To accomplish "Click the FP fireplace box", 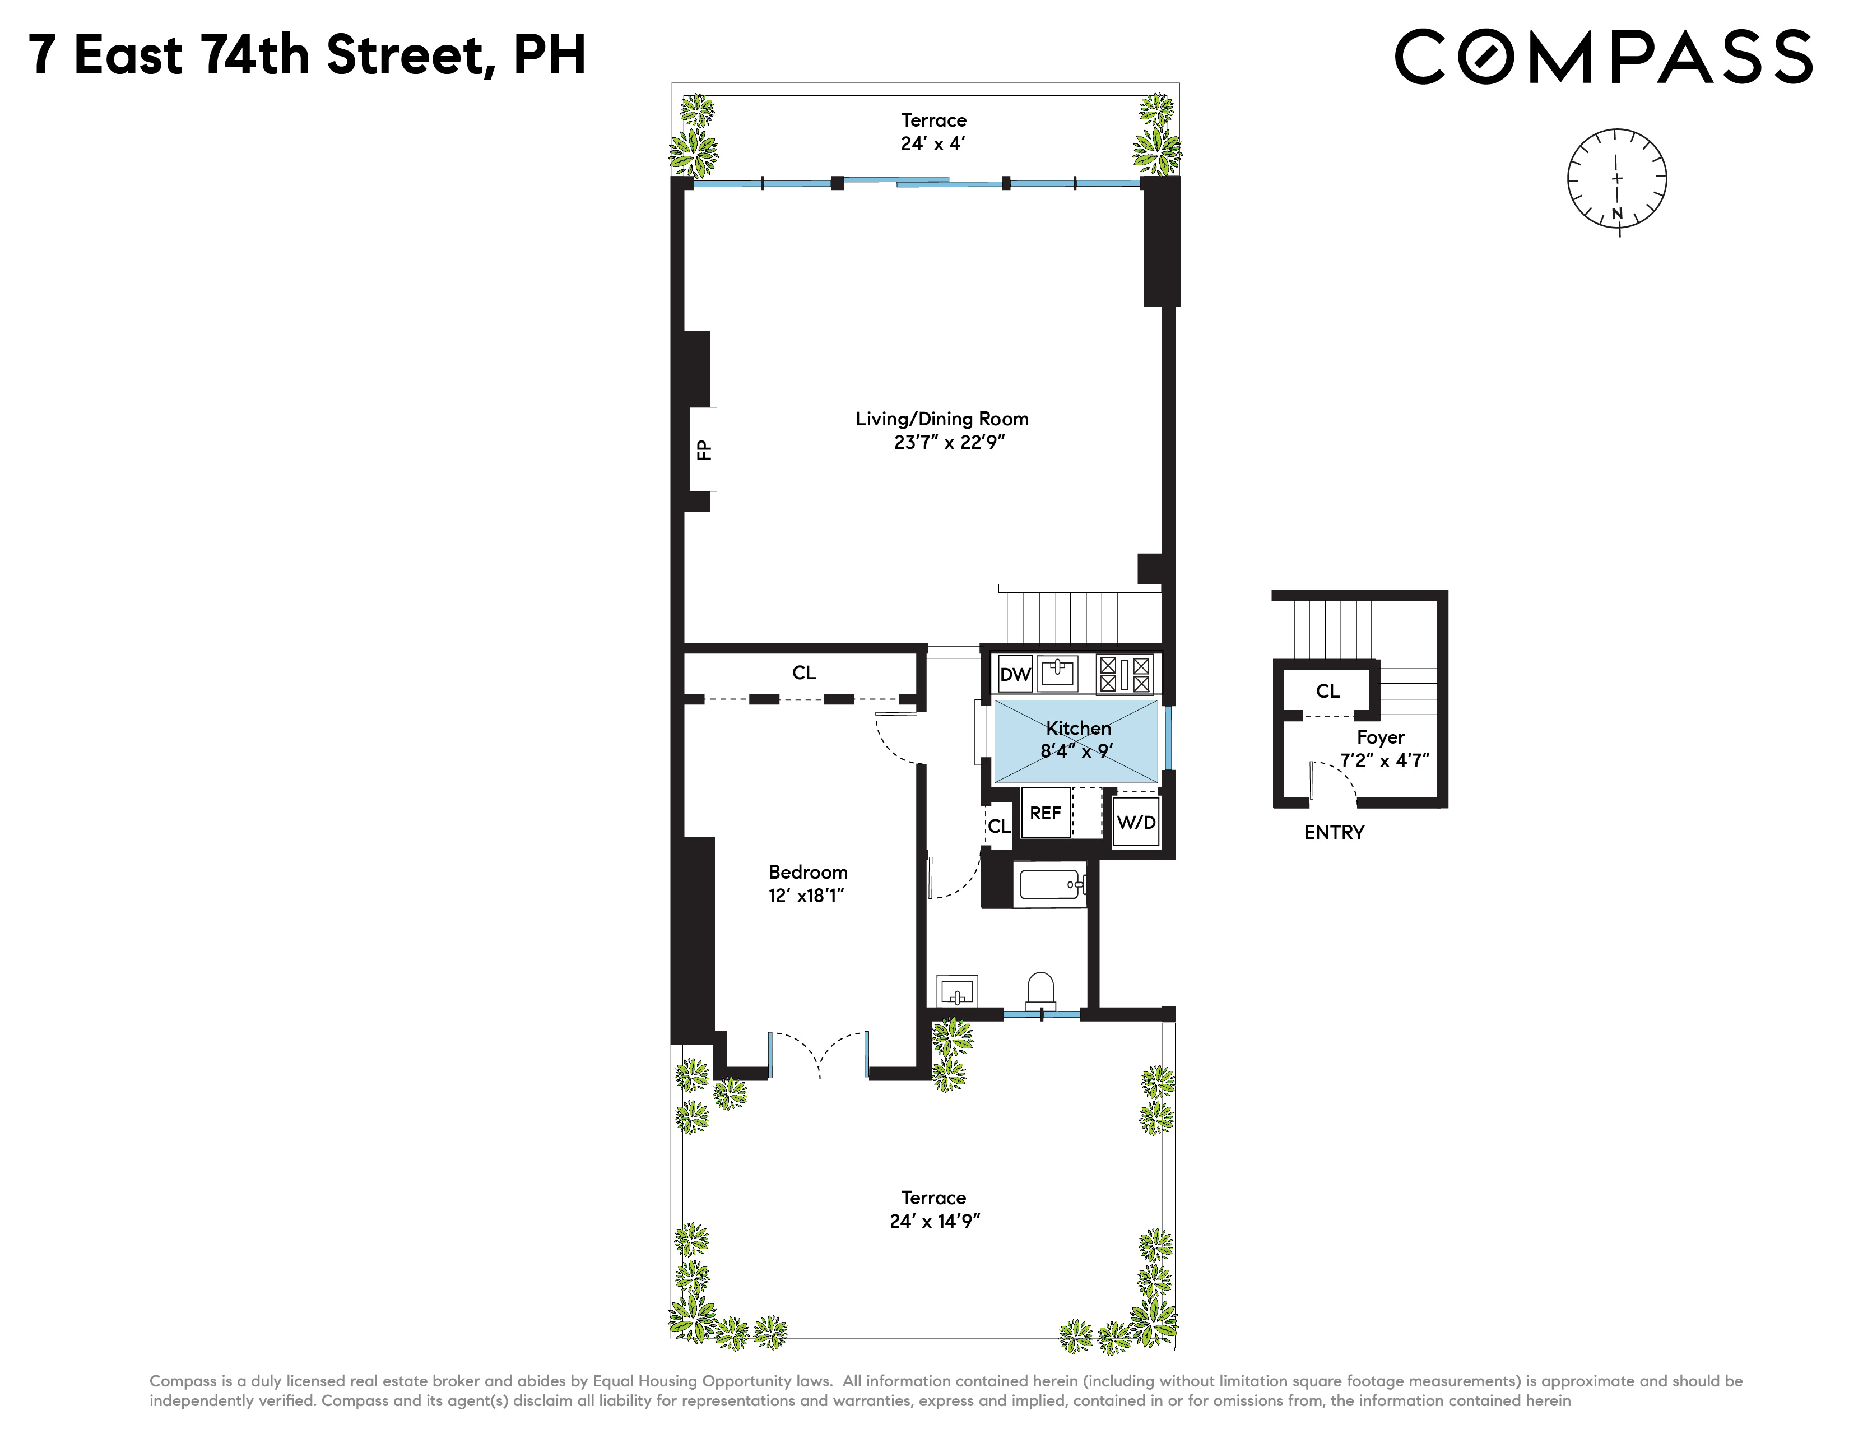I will click(x=703, y=449).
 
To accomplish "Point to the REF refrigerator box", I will click(x=1046, y=813).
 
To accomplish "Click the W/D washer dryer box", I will click(x=1135, y=822).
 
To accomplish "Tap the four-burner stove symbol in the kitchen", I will click(x=1125, y=675).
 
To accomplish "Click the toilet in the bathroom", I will click(x=1040, y=990).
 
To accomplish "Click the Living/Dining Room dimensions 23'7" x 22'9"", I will click(x=949, y=442).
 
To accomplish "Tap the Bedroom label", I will click(x=807, y=872).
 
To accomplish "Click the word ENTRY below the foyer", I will click(x=1334, y=832).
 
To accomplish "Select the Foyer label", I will click(x=1380, y=737).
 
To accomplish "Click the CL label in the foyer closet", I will click(x=1327, y=691).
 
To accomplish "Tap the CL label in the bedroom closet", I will click(x=803, y=672).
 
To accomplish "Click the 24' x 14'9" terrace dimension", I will click(x=935, y=1221).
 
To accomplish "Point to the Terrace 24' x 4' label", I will click(x=933, y=132).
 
